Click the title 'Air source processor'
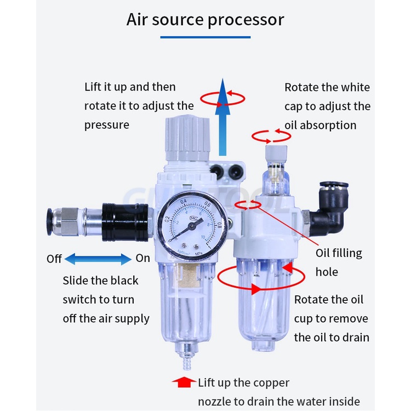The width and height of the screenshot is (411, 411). click(205, 20)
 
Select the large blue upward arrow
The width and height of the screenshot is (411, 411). click(222, 118)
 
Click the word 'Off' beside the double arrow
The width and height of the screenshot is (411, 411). click(54, 258)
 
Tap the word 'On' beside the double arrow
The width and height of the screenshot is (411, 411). click(142, 258)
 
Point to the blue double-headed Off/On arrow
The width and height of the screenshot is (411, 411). click(99, 258)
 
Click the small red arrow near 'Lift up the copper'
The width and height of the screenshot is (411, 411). click(183, 381)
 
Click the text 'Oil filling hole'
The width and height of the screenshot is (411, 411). click(339, 262)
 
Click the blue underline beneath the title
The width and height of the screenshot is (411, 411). click(205, 37)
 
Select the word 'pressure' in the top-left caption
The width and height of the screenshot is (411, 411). click(107, 125)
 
